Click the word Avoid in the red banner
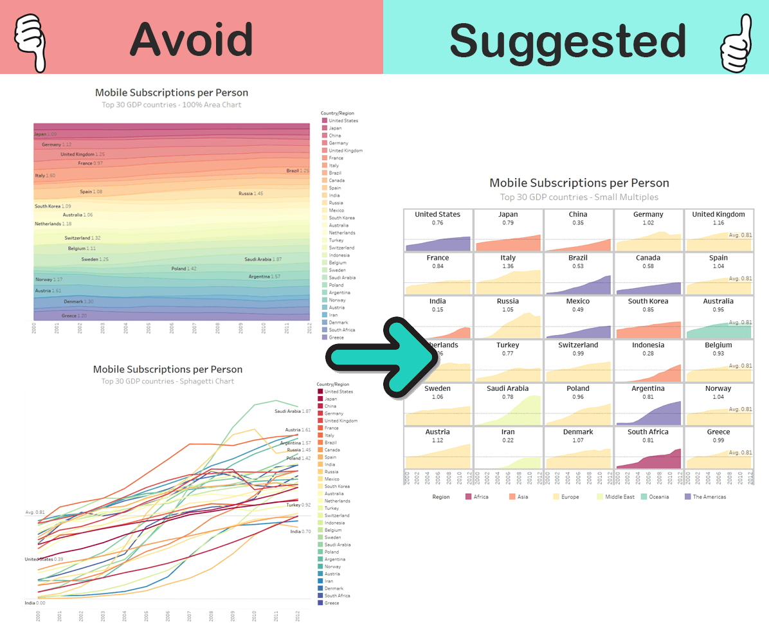(191, 40)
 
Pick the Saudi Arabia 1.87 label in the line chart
(293, 411)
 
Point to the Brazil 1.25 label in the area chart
(298, 171)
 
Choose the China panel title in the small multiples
(578, 214)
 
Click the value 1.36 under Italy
(508, 266)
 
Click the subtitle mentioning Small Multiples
(579, 197)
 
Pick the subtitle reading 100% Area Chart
(171, 105)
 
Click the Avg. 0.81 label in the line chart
(35, 512)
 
